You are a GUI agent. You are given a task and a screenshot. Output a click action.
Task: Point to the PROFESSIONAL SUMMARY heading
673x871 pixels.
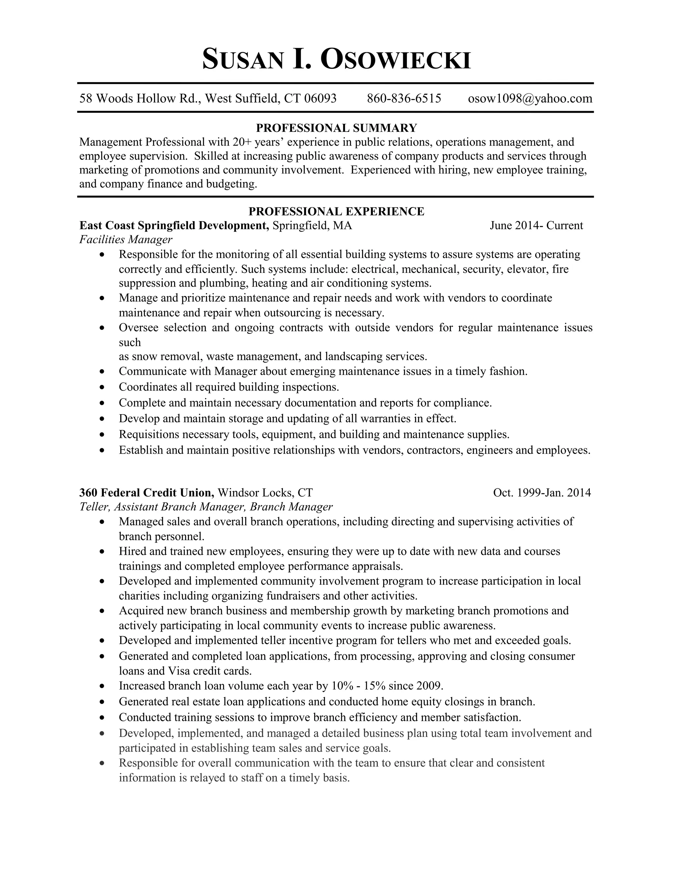pyautogui.click(x=336, y=128)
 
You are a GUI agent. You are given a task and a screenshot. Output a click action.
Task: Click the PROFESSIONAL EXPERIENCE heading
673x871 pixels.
pyautogui.click(x=336, y=211)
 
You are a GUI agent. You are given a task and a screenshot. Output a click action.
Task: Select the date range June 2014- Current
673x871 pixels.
pyautogui.click(x=536, y=226)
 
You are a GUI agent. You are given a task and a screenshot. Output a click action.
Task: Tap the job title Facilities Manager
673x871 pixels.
pyautogui.click(x=126, y=240)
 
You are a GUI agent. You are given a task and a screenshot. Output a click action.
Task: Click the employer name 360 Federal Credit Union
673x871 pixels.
pyautogui.click(x=147, y=493)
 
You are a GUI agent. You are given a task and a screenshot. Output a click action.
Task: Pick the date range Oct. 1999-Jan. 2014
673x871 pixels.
pyautogui.click(x=542, y=493)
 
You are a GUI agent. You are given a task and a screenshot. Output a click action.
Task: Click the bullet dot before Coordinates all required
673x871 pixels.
pyautogui.click(x=103, y=387)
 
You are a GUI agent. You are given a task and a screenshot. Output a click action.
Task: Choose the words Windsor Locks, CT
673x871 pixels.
pyautogui.click(x=265, y=493)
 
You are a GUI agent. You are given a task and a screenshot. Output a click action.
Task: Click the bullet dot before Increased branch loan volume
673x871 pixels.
pyautogui.click(x=103, y=686)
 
